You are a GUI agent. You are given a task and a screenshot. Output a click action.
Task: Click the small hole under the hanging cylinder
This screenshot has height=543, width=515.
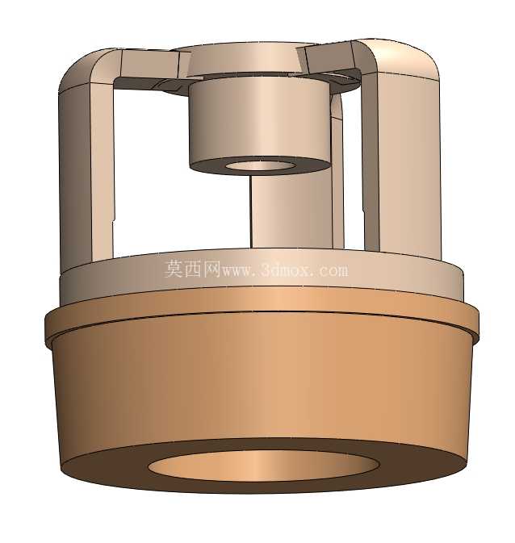pos(259,165)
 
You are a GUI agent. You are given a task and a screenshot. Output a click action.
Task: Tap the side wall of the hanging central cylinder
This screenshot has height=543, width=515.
pos(258,121)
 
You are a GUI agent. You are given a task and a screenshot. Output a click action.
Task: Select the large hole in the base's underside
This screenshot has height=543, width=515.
pos(263,465)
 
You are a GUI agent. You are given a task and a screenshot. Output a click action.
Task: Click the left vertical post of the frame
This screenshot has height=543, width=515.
pos(86,173)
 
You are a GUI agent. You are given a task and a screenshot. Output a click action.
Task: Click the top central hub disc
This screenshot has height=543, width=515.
pos(243,60)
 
